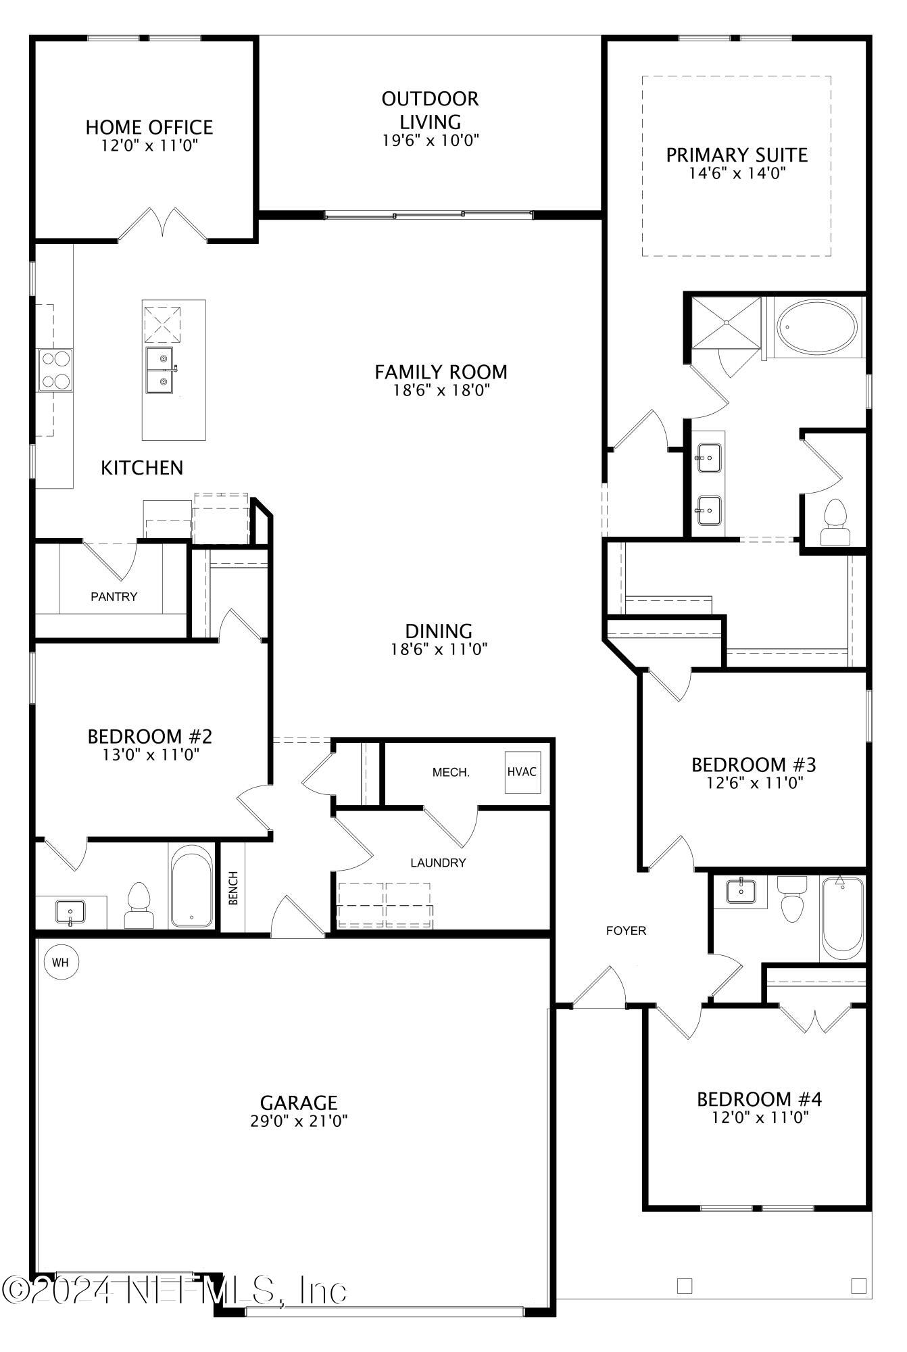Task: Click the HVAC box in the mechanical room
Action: point(522,771)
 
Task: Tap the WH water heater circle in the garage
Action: point(61,962)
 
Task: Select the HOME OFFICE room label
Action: point(149,127)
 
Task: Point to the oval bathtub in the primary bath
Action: point(816,327)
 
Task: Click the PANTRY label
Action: point(114,596)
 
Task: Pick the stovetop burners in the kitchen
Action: point(55,370)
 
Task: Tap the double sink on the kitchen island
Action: point(160,370)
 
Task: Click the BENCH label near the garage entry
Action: point(233,888)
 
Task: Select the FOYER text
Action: point(626,931)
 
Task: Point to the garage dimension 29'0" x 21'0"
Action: point(299,1121)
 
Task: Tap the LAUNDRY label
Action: point(438,863)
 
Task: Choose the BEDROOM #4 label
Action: point(759,1099)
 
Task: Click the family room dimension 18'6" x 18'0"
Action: point(441,390)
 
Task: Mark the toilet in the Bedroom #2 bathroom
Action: point(139,906)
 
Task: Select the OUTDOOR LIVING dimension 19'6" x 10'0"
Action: point(430,141)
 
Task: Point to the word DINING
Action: point(439,631)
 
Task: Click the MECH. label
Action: point(451,772)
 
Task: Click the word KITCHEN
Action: point(142,468)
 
